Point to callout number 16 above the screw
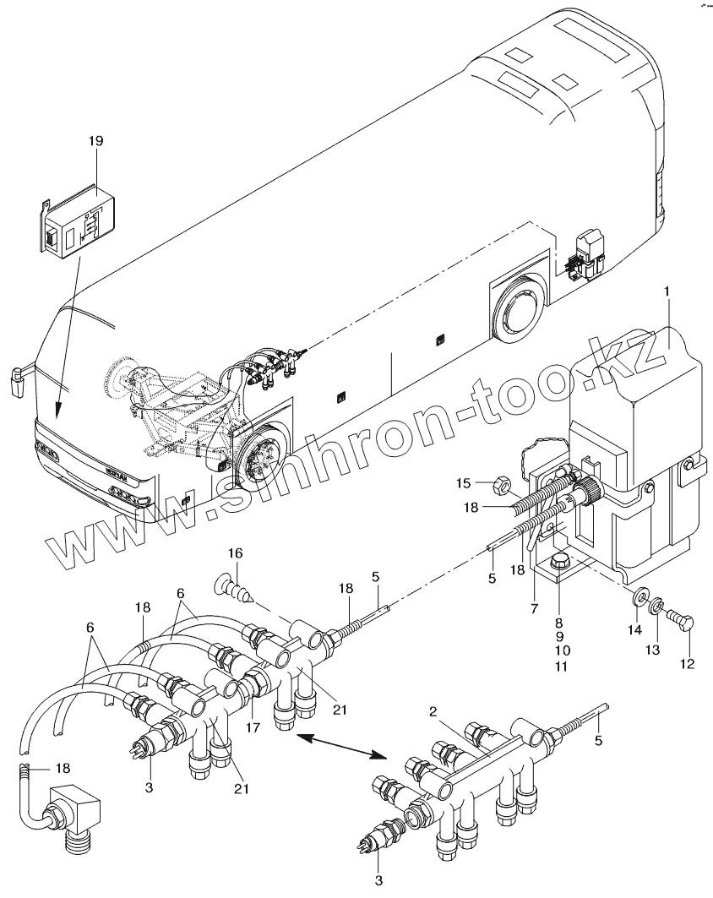coord(234,553)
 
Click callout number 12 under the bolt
coord(686,664)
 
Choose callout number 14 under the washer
coord(633,629)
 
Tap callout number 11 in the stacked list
coord(563,667)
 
